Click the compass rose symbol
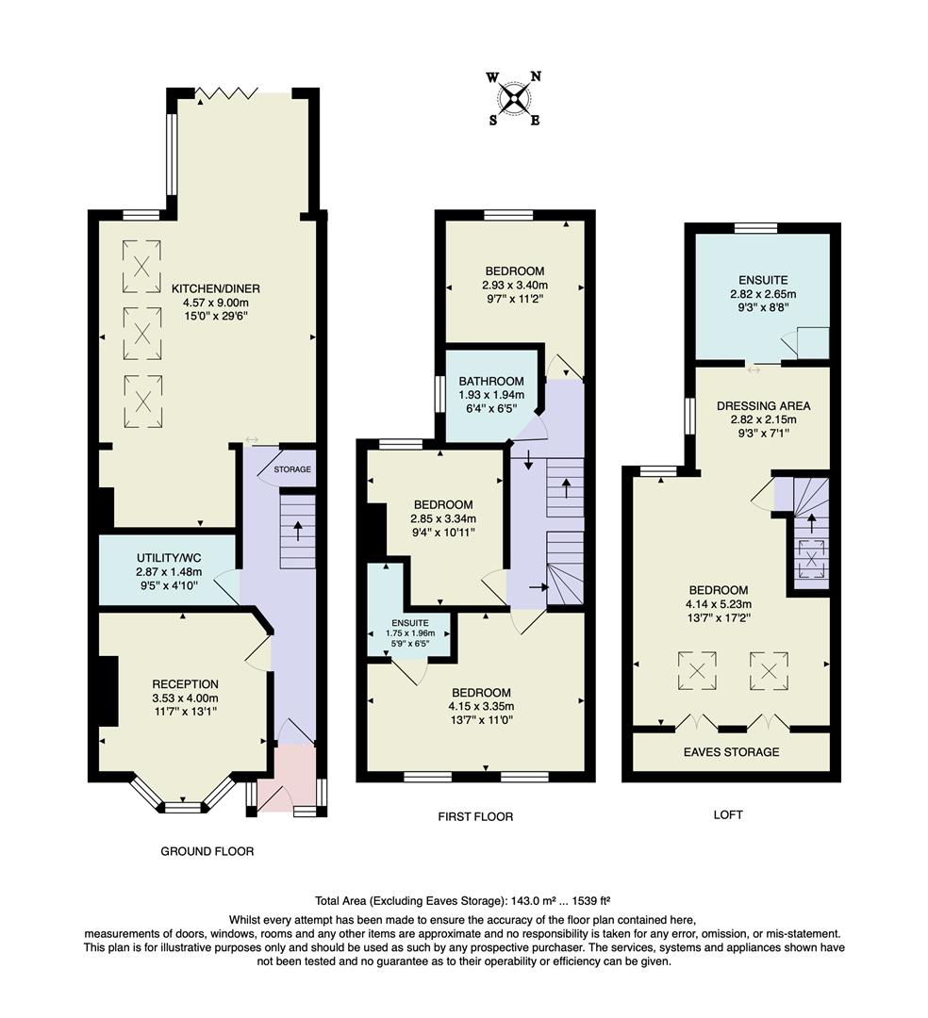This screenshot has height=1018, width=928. (x=514, y=98)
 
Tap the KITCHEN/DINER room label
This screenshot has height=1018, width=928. (x=216, y=288)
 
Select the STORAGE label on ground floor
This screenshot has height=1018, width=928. (x=292, y=469)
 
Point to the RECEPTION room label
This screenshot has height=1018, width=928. (x=186, y=684)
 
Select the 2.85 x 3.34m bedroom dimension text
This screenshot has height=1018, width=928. (x=442, y=518)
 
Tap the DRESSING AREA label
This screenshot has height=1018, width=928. (x=763, y=406)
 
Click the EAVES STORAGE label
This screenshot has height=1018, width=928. (x=732, y=752)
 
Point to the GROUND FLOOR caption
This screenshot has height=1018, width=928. (x=207, y=851)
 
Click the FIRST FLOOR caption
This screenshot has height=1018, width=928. (x=475, y=816)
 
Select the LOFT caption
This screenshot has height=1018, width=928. (x=727, y=814)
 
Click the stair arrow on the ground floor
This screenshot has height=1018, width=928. (x=298, y=532)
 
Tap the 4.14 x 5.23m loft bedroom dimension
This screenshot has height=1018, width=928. (x=731, y=604)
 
